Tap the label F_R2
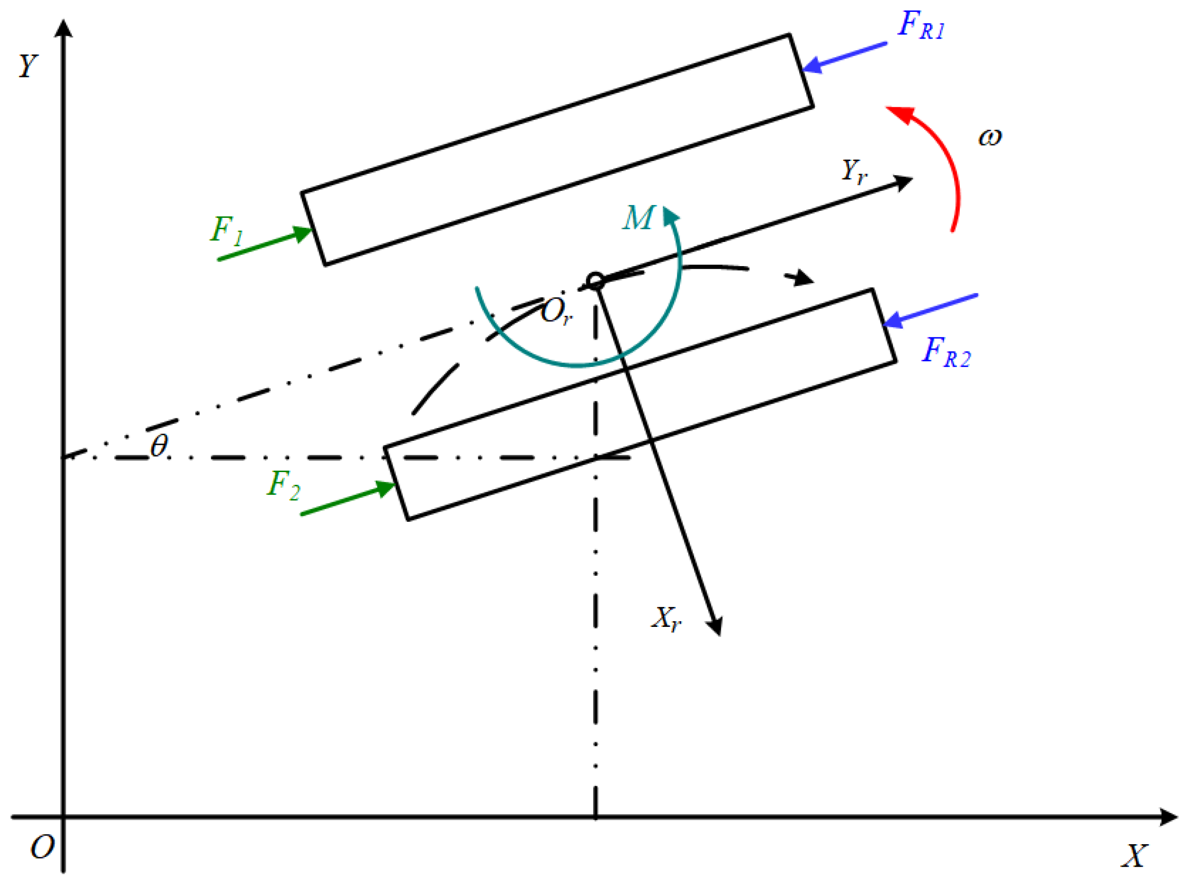pyautogui.click(x=945, y=352)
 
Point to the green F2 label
pyautogui.click(x=283, y=485)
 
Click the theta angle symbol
pyautogui.click(x=159, y=446)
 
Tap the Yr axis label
pyautogui.click(x=853, y=172)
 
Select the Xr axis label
pyautogui.click(x=666, y=619)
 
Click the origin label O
pyautogui.click(x=42, y=848)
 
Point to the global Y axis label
pyautogui.click(x=28, y=66)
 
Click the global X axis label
pyautogui.click(x=1134, y=856)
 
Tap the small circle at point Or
pyautogui.click(x=595, y=281)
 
